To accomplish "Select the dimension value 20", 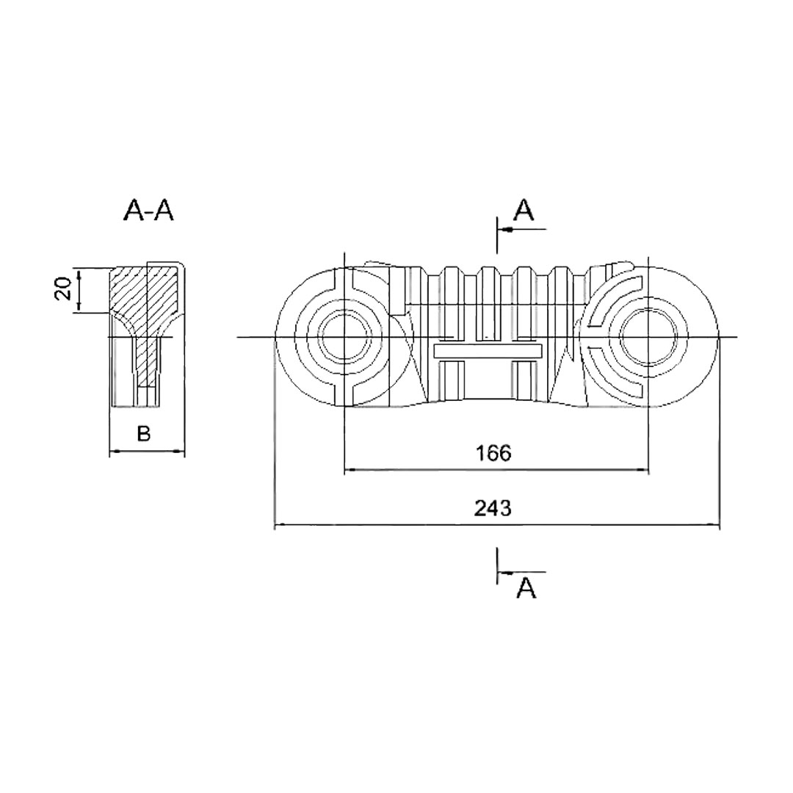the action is click(64, 290).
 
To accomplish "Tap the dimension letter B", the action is click(144, 433).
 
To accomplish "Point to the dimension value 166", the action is click(493, 453).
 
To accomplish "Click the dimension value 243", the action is click(493, 508).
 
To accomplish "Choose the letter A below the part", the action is click(526, 587).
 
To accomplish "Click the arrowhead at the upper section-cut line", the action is click(504, 230).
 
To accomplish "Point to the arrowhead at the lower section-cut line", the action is click(504, 572).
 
